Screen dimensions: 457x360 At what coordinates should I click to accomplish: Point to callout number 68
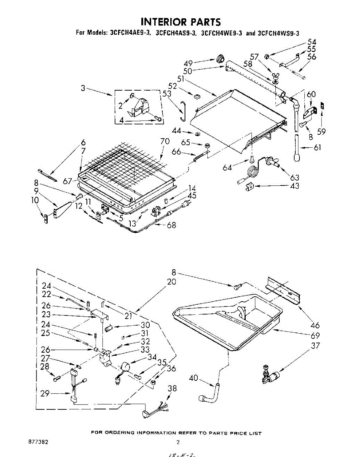pos(171,225)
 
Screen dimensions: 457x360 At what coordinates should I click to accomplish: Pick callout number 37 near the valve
pos(315,346)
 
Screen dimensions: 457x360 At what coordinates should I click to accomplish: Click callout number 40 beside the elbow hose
pos(194,378)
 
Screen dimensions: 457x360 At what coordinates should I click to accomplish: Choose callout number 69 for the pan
pos(315,336)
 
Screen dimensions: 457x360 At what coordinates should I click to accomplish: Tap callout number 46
pos(315,325)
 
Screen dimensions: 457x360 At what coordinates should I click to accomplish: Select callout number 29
pos(45,393)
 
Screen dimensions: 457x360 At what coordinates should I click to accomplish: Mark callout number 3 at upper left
pos(82,89)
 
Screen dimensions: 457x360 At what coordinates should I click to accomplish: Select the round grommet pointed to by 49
pos(220,59)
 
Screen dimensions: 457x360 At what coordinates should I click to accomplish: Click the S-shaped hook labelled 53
pos(183,110)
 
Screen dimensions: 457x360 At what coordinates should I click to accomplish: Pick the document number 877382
pos(38,442)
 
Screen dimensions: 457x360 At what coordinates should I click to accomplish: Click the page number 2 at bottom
pos(178,442)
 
